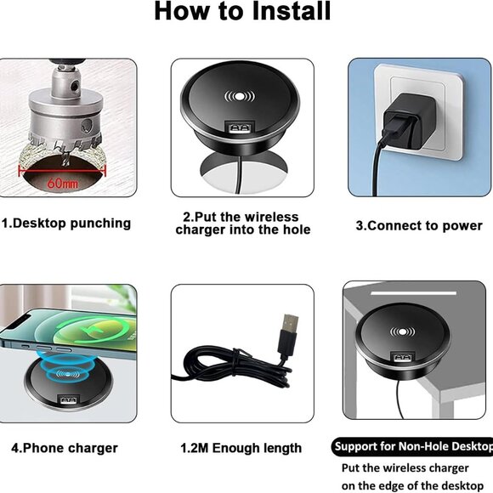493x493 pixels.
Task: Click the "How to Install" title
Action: tap(242, 12)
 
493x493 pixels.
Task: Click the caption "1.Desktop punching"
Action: tap(66, 224)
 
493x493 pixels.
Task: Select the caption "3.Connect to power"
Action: tap(419, 226)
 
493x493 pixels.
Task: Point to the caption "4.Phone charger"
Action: tap(65, 447)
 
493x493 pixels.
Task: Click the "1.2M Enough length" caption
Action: tap(241, 447)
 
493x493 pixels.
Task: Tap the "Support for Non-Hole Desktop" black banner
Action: tap(411, 446)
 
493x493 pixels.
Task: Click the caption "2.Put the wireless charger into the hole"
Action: tap(242, 223)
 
